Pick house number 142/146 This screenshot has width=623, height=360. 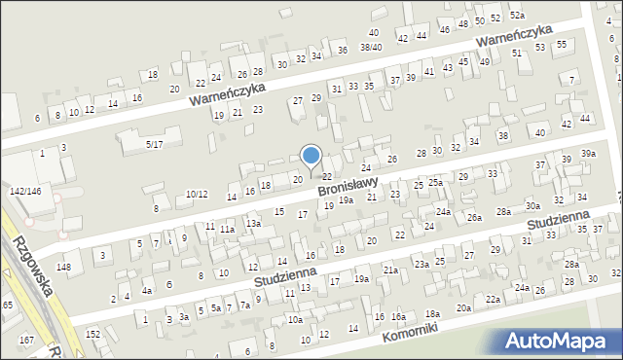pyautogui.click(x=25, y=192)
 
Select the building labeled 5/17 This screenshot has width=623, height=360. pyautogui.click(x=154, y=144)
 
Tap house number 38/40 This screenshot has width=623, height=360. pyautogui.click(x=370, y=47)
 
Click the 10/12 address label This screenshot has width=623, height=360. pyautogui.click(x=197, y=194)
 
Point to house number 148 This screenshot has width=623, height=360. pyautogui.click(x=64, y=267)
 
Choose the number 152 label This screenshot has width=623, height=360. pyautogui.click(x=92, y=334)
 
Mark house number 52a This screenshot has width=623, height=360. pyautogui.click(x=518, y=16)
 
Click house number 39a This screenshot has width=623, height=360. pyautogui.click(x=588, y=154)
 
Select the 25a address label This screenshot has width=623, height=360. pyautogui.click(x=435, y=182)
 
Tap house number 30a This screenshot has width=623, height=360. pyautogui.click(x=532, y=206)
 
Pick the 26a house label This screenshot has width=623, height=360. pyautogui.click(x=473, y=217)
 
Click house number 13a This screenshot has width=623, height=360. pyautogui.click(x=253, y=224)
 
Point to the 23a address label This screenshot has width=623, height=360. pyautogui.click(x=421, y=264)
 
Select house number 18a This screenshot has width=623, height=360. pyautogui.click(x=432, y=314)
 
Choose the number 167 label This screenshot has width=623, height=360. pyautogui.click(x=26, y=340)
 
